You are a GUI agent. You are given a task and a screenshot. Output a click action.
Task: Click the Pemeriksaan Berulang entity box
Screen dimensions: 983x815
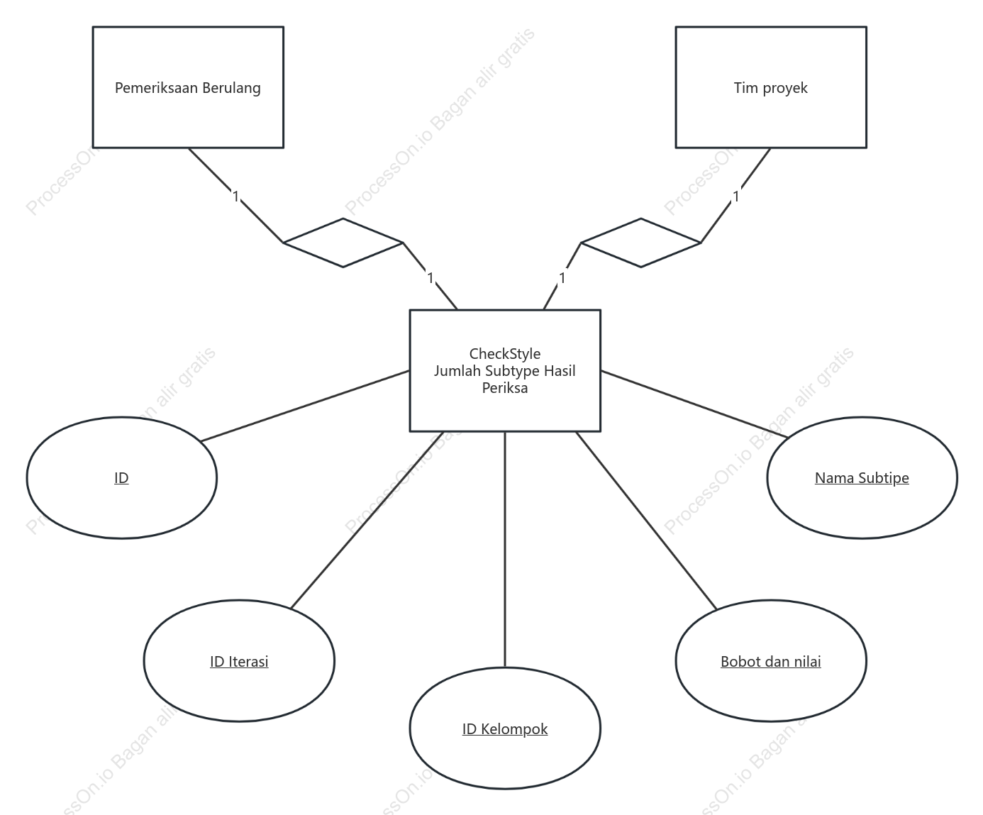click(x=188, y=87)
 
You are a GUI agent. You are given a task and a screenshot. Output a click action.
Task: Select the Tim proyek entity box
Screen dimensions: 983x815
click(x=771, y=87)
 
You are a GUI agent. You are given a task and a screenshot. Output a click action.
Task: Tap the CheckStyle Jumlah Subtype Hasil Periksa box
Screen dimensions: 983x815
click(x=505, y=370)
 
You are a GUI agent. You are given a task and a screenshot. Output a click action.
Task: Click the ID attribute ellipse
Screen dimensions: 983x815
click(x=121, y=477)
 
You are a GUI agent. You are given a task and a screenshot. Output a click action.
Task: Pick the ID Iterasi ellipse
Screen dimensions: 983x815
click(x=239, y=661)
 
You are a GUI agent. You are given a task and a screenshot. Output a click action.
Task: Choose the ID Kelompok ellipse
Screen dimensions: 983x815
click(x=505, y=728)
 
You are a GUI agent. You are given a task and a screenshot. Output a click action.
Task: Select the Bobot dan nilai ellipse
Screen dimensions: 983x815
click(x=771, y=661)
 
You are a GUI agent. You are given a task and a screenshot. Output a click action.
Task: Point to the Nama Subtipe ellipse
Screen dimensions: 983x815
click(x=862, y=477)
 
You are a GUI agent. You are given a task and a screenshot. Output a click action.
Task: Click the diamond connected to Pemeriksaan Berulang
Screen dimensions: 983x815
click(x=343, y=243)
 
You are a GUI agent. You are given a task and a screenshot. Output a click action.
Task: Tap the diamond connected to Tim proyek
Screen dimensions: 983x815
click(x=640, y=243)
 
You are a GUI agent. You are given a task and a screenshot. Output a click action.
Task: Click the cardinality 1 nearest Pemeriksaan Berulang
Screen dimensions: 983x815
click(x=236, y=196)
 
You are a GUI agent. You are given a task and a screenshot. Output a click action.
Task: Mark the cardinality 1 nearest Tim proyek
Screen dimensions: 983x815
click(x=736, y=196)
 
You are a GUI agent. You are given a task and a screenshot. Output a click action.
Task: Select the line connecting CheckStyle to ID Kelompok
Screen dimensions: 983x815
click(x=505, y=550)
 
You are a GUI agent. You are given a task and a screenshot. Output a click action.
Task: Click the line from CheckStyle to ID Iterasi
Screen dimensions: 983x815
click(x=367, y=520)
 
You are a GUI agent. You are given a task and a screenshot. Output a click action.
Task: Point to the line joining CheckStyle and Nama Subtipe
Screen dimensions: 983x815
click(x=694, y=404)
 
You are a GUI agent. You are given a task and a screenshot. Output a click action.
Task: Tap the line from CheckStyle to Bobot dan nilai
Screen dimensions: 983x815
click(x=646, y=521)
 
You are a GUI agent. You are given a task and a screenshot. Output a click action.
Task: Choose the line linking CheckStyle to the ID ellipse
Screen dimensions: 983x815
click(x=305, y=406)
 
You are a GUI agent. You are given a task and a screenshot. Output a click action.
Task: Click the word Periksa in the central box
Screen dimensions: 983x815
click(x=505, y=388)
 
